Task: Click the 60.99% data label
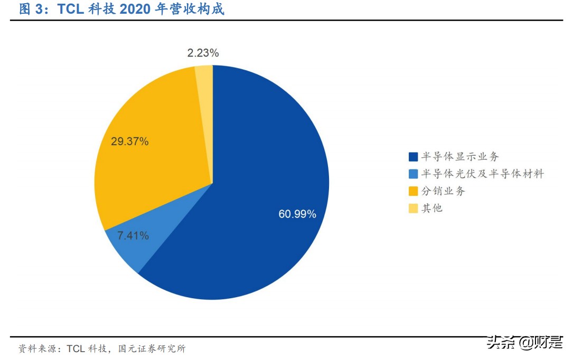click(x=297, y=214)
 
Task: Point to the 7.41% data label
click(x=133, y=236)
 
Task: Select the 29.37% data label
click(x=130, y=141)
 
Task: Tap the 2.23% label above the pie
click(x=203, y=53)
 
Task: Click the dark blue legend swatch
click(x=413, y=157)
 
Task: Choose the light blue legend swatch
click(x=413, y=174)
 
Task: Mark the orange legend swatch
click(x=413, y=191)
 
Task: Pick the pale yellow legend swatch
click(x=413, y=208)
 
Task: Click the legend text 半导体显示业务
click(x=459, y=157)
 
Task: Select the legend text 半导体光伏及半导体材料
click(x=482, y=174)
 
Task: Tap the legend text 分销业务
click(x=443, y=191)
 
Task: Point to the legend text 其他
click(x=432, y=208)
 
